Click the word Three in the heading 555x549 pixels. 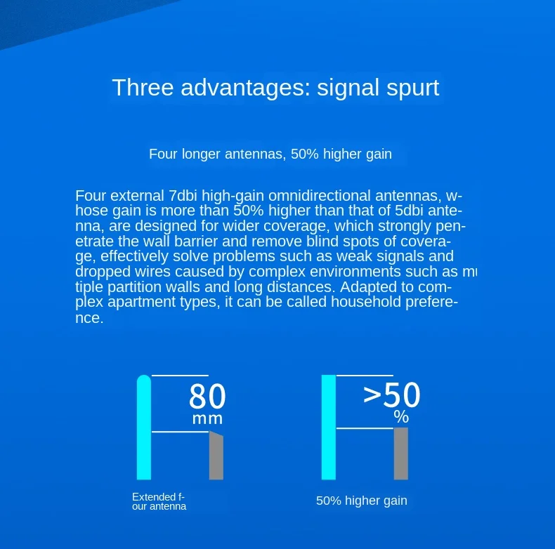tap(143, 87)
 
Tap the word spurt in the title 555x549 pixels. tap(412, 88)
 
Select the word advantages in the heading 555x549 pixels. tap(246, 88)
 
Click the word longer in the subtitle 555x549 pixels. tap(201, 154)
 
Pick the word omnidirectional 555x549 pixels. tap(319, 196)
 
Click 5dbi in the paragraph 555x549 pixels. tap(409, 211)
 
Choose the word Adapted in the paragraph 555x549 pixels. tap(364, 287)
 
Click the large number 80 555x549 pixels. tap(207, 396)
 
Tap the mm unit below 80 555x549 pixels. tap(207, 419)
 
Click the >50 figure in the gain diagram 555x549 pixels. tap(392, 395)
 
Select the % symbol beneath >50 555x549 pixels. tap(401, 417)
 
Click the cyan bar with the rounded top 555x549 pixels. tap(144, 428)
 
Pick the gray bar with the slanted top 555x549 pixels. tap(216, 455)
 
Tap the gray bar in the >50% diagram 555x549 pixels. tap(401, 454)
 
